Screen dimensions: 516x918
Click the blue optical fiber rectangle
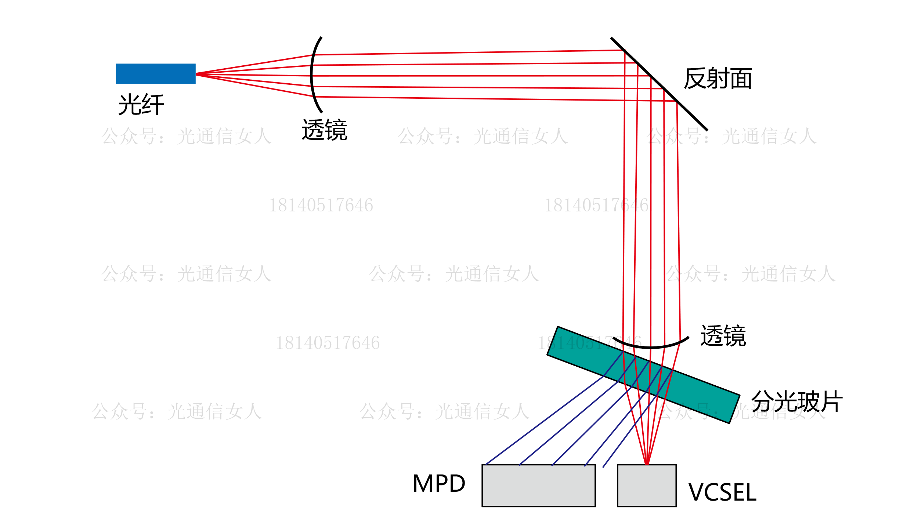[x=155, y=73]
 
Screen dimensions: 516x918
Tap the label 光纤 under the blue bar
[x=141, y=105]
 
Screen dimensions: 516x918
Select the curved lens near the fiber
[x=312, y=75]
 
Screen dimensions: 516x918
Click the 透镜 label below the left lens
[x=324, y=130]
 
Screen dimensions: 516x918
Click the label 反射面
[x=718, y=78]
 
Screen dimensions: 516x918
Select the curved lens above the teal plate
[x=651, y=346]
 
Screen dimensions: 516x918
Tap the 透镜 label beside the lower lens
[x=723, y=335]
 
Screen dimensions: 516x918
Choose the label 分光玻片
[x=797, y=401]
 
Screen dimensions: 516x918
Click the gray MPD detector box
[x=538, y=485]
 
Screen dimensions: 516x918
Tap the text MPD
[x=439, y=483]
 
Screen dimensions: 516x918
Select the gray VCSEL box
[x=647, y=485]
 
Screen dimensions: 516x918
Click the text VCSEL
[x=722, y=492]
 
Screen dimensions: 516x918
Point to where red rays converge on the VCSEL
[x=647, y=465]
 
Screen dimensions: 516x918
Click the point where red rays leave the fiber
[x=196, y=74]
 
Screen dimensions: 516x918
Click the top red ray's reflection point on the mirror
[x=625, y=51]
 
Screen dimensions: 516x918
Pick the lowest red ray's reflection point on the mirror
[x=677, y=101]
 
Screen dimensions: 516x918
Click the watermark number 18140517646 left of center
[x=321, y=205]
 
